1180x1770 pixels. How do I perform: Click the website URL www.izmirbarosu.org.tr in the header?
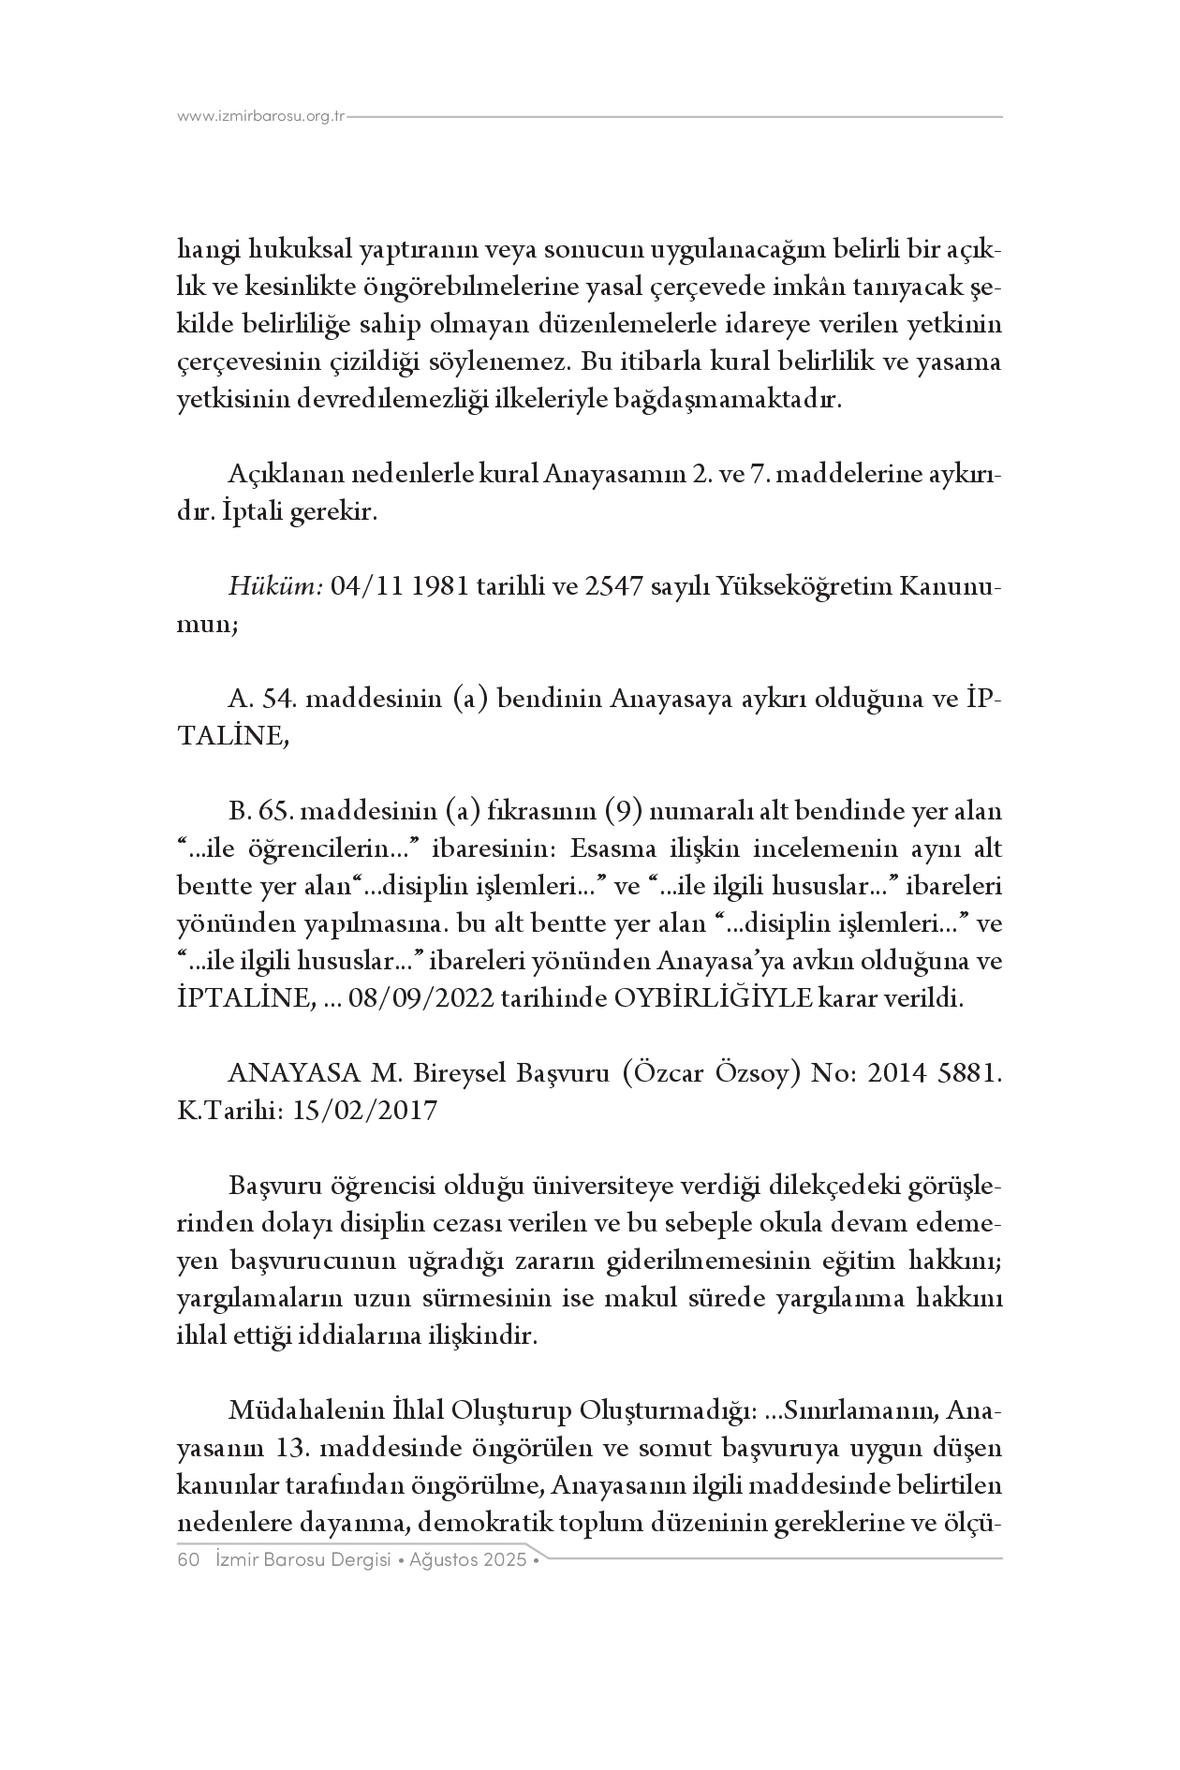(261, 117)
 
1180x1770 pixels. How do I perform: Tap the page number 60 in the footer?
(190, 1560)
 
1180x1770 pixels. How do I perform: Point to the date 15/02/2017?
(365, 1111)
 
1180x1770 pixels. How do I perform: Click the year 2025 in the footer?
(506, 1560)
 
